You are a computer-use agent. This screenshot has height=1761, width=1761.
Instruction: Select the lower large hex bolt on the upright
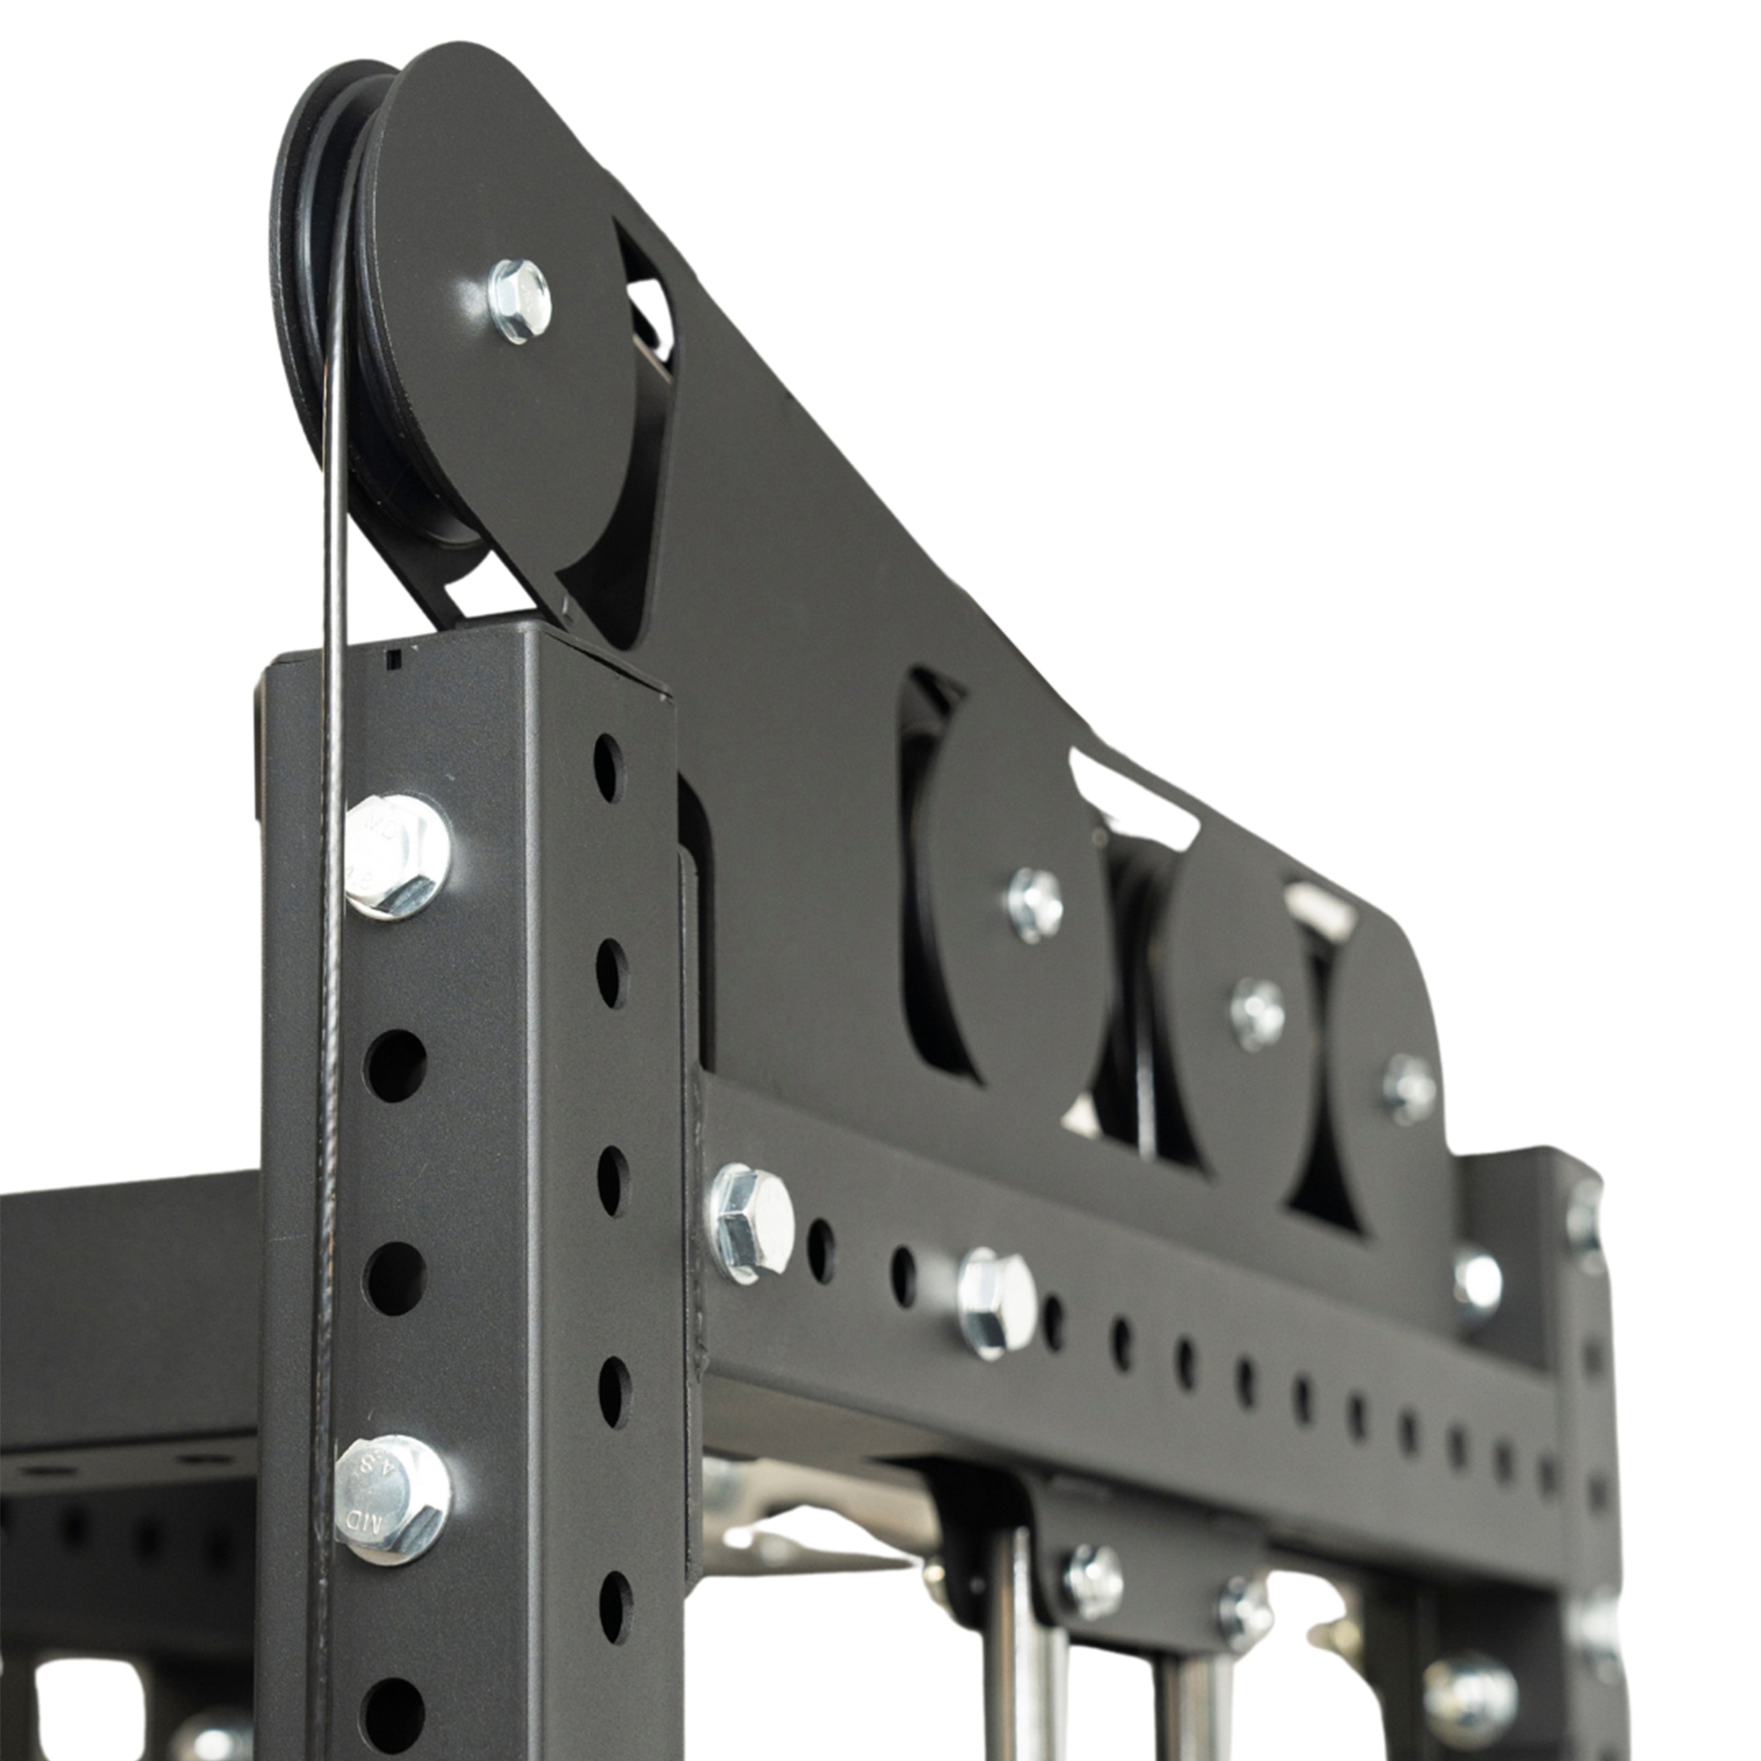tap(393, 1500)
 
